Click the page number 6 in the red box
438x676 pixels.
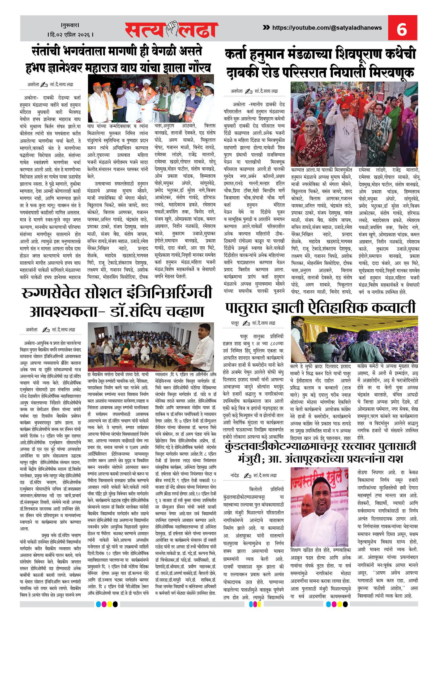[x=402, y=29]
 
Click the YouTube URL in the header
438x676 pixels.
[x=327, y=28]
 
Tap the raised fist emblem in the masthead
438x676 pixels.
[x=172, y=29]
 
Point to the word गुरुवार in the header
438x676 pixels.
[x=70, y=25]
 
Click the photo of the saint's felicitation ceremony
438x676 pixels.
[x=151, y=98]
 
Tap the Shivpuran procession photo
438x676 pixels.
[x=354, y=124]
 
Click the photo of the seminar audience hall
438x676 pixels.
[x=151, y=347]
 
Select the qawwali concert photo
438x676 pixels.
[x=354, y=339]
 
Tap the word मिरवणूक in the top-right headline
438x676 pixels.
[x=392, y=72]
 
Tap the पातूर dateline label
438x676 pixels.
[x=235, y=323]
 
